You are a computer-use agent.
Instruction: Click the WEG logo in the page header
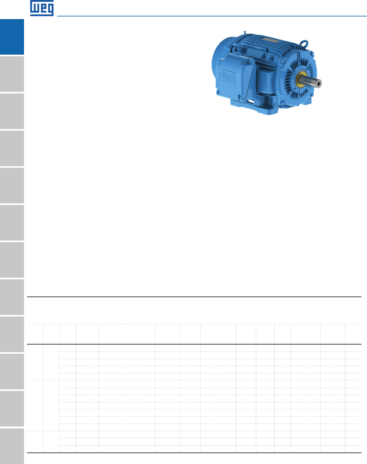pos(42,8)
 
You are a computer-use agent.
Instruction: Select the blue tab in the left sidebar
pos(12,37)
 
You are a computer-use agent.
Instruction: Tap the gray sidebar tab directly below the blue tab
pos(12,74)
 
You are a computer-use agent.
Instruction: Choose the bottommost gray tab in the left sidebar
pos(12,446)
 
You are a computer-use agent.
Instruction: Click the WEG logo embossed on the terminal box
pos(229,77)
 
